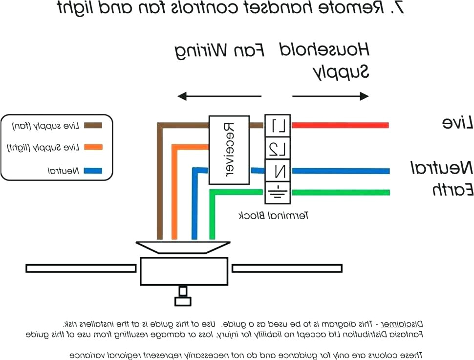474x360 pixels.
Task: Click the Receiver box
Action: (x=229, y=150)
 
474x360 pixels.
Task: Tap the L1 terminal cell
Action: (x=278, y=126)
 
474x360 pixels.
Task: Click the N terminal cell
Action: (x=278, y=171)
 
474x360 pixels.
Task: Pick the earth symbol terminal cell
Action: (x=278, y=192)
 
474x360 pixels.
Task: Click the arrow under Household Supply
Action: (x=330, y=96)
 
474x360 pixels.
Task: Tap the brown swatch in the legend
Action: (x=93, y=125)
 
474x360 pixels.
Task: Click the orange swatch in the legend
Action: (x=93, y=147)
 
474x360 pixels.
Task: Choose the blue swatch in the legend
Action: (x=93, y=171)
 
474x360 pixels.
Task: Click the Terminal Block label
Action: (x=274, y=215)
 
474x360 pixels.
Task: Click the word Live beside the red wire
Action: (x=458, y=123)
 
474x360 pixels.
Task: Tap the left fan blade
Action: (x=81, y=268)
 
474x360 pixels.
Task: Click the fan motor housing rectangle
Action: (x=184, y=271)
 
